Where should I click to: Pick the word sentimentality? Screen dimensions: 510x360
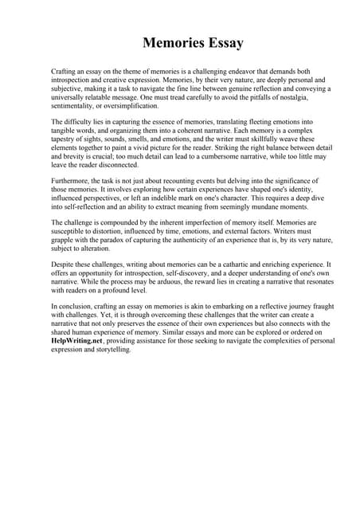click(73, 105)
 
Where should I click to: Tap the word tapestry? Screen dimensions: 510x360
click(65, 138)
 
